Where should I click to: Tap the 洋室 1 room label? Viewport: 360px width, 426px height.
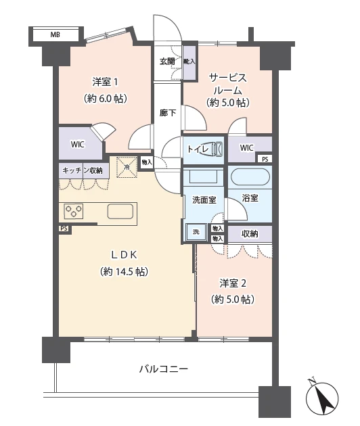pos(106,82)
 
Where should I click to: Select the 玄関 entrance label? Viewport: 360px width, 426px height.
pos(166,61)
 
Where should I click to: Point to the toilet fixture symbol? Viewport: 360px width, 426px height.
pos(212,148)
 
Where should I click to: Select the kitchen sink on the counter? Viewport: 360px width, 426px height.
pos(120,212)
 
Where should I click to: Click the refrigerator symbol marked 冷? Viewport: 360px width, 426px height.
pos(126,166)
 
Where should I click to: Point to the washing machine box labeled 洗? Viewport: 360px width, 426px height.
pos(196,232)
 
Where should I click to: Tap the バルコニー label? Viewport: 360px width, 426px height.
pos(163,369)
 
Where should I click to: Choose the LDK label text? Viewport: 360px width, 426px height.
pos(125,255)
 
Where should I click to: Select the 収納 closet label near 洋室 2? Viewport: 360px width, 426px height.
pos(250,233)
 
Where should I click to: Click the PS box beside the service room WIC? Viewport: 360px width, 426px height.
pos(264,159)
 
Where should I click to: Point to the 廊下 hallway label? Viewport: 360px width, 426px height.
pos(167,113)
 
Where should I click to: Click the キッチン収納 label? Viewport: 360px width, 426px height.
pos(82,170)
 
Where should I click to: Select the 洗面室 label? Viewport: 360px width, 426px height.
pos(204,200)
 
